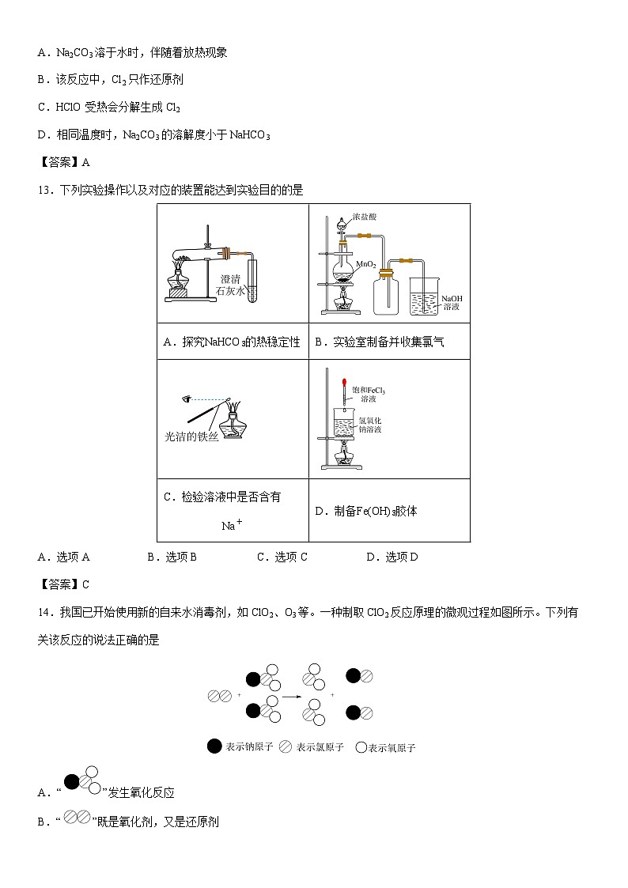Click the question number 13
44,190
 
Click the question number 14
44,612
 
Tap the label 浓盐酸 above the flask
365,216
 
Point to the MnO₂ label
365,264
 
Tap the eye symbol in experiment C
187,399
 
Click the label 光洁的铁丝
190,436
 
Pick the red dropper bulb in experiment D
345,383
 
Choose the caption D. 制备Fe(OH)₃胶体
366,511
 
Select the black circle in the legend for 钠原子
214,746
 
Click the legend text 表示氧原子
392,747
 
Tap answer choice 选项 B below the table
172,557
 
